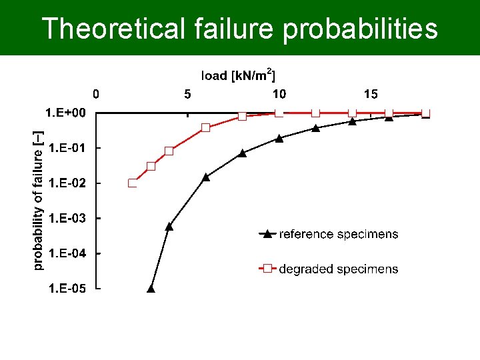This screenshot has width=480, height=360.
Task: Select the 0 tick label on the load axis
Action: coord(96,94)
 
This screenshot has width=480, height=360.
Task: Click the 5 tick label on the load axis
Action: coord(187,94)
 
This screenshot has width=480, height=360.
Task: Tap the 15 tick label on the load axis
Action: coord(371,94)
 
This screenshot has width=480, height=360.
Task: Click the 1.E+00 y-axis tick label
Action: coord(65,113)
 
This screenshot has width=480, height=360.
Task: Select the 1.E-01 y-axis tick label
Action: coord(65,148)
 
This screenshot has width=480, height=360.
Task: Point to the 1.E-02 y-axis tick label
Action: coord(65,183)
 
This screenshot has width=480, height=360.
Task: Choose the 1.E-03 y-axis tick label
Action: coord(65,219)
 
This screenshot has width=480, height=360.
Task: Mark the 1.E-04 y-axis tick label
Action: coord(65,253)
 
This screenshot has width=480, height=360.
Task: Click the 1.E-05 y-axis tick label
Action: coord(65,289)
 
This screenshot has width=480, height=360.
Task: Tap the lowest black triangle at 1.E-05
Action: coord(151,289)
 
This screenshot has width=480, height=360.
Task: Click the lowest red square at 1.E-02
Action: coord(133,183)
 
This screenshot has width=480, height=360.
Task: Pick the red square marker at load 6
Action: coord(206,127)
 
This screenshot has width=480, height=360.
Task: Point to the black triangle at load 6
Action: coord(206,177)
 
